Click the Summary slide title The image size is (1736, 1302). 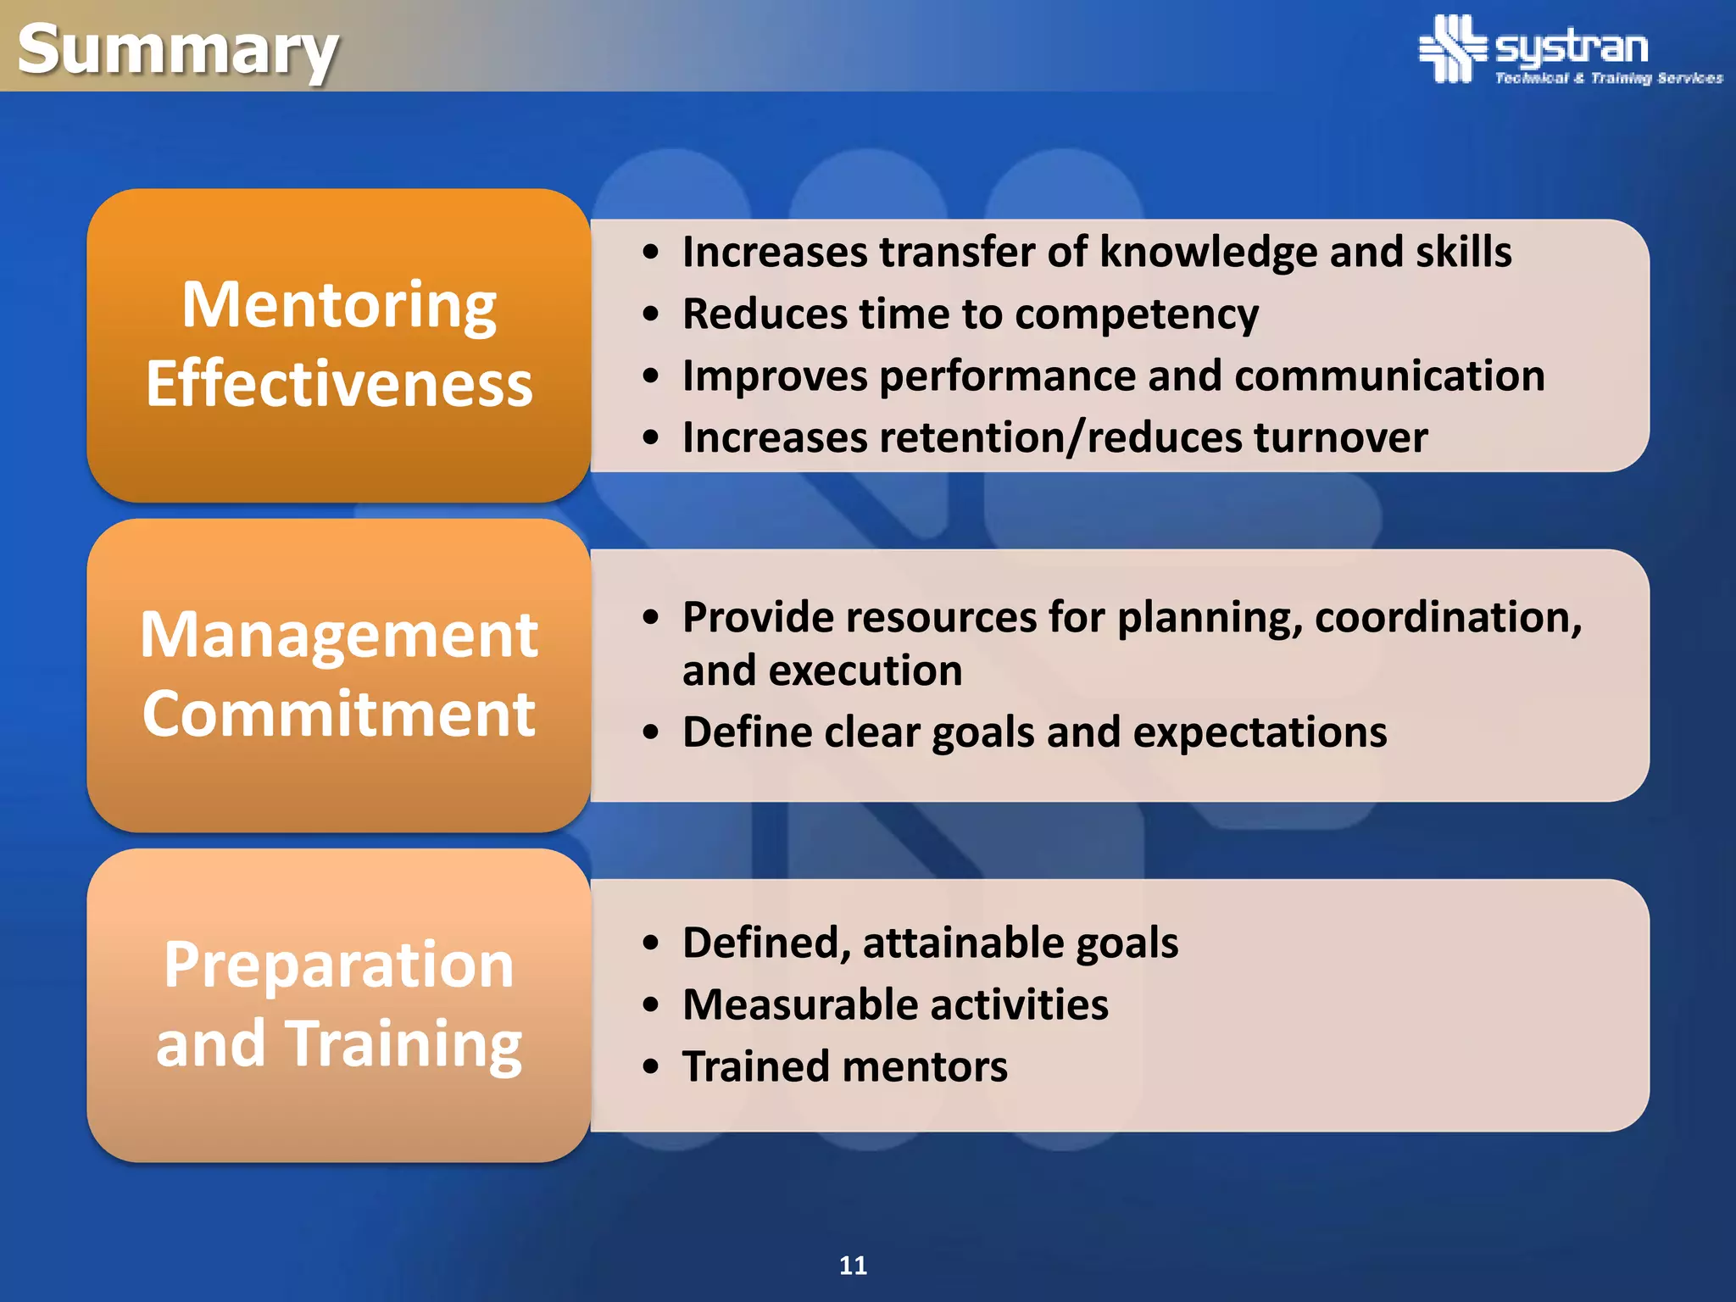coord(178,49)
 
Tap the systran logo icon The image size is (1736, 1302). coord(1452,48)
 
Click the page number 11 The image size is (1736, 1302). coord(853,1266)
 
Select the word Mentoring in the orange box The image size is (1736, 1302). coord(339,305)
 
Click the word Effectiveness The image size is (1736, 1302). coord(339,384)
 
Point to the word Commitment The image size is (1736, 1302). coord(339,714)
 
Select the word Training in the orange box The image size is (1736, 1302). coord(403,1043)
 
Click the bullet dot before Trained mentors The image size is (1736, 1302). coord(650,1067)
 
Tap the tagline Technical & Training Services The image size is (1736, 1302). coord(1608,78)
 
